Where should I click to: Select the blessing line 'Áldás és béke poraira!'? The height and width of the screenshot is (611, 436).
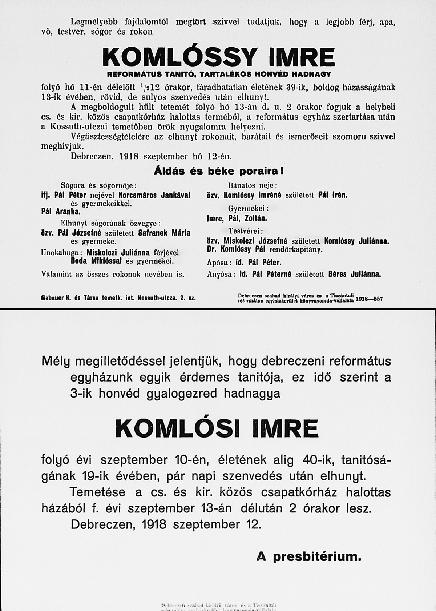218,170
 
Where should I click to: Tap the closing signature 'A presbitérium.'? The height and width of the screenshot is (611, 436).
309,556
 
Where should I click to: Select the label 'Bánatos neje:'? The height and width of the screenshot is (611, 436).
253,185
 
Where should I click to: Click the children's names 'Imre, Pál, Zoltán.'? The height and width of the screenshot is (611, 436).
237,219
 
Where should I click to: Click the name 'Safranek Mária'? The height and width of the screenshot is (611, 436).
165,233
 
